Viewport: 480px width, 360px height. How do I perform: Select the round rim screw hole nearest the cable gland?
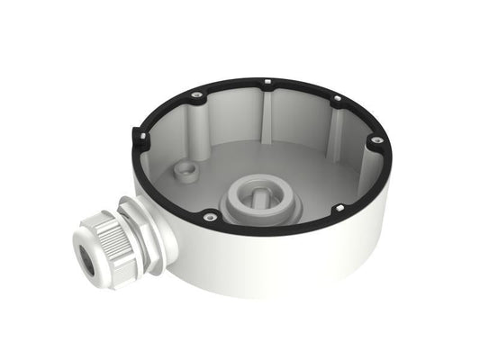[x=209, y=215]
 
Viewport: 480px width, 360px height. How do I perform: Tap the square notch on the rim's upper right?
[x=335, y=100]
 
